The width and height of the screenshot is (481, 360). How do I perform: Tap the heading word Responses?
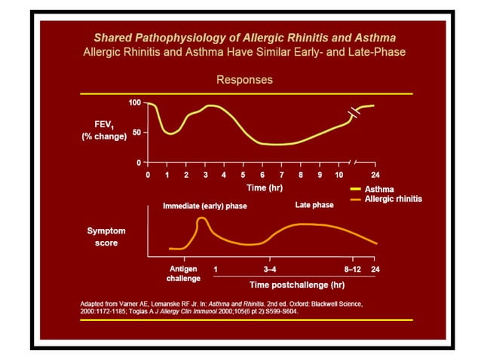(x=244, y=79)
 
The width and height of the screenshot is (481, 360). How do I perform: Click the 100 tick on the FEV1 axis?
(x=134, y=102)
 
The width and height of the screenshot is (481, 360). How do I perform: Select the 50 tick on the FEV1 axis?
(x=136, y=133)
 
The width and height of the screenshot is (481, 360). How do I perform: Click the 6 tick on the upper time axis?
(x=262, y=175)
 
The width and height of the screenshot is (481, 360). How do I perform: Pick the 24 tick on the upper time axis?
(x=374, y=175)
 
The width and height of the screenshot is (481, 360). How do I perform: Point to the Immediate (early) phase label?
(x=205, y=206)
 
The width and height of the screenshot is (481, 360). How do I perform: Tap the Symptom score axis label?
(x=102, y=236)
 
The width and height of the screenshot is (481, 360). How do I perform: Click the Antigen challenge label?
(x=183, y=273)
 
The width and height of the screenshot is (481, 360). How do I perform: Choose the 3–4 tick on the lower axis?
(x=269, y=268)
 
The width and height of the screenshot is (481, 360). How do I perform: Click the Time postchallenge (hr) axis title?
(x=297, y=285)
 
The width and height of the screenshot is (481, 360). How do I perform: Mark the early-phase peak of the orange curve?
(x=202, y=219)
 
